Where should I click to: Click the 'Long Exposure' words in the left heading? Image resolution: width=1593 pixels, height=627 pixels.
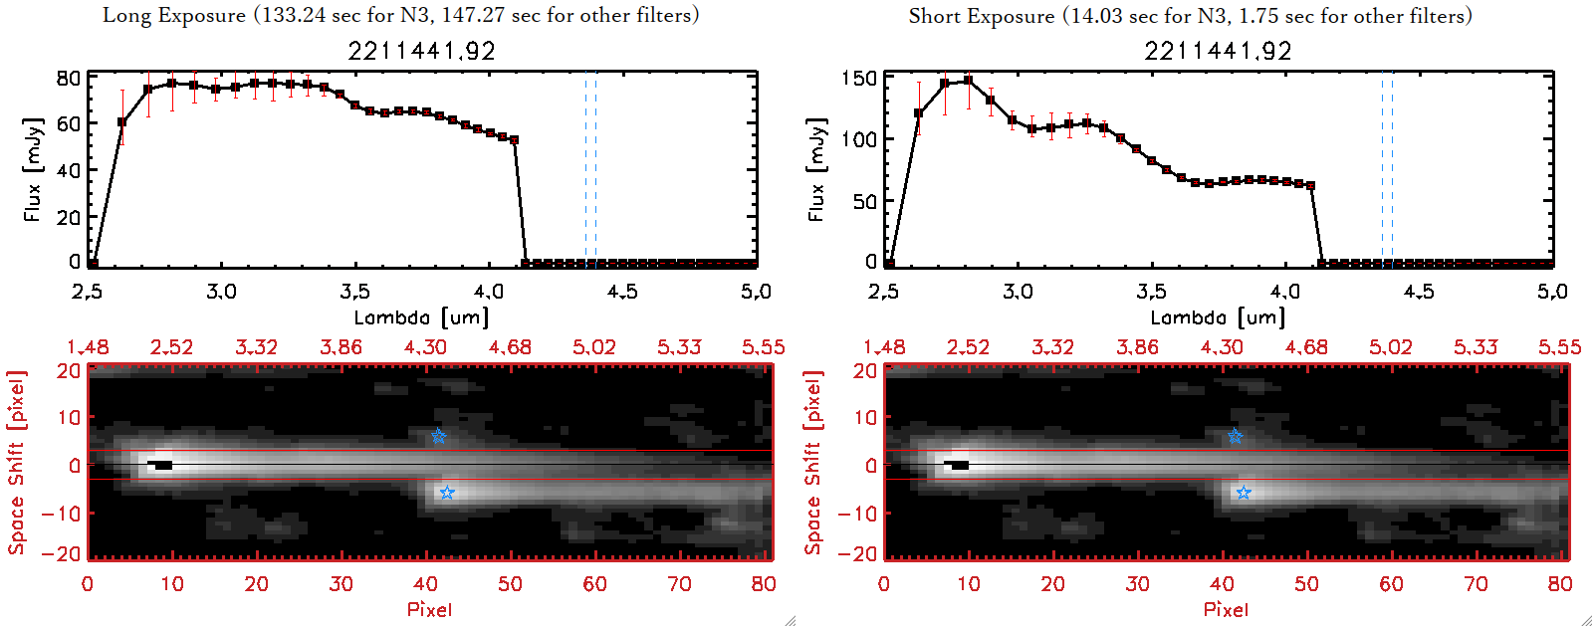(174, 15)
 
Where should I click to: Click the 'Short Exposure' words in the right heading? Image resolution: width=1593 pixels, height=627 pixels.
(981, 16)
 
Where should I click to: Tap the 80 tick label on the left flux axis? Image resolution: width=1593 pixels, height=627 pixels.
(69, 78)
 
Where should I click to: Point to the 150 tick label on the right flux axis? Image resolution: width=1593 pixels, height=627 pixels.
(859, 78)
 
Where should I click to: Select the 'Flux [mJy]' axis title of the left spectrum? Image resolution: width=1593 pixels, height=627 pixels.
(33, 170)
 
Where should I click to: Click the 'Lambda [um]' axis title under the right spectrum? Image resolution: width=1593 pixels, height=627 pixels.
(1218, 317)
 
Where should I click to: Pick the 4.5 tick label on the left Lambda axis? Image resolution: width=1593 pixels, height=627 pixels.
(622, 292)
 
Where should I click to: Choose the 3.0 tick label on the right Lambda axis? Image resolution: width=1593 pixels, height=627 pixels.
(1018, 292)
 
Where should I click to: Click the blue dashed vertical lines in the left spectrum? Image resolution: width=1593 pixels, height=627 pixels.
(590, 169)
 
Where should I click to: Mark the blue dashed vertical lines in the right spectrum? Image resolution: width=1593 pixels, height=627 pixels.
(1387, 169)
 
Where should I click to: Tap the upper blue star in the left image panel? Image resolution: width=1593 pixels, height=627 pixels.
(438, 437)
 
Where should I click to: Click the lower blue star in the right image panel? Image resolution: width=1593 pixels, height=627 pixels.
(1244, 493)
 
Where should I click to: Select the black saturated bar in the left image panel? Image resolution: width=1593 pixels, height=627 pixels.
(161, 465)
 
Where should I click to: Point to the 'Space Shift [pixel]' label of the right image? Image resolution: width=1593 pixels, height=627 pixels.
(813, 463)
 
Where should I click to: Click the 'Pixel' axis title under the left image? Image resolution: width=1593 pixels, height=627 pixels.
(429, 609)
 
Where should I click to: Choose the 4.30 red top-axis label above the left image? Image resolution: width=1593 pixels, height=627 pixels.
(425, 347)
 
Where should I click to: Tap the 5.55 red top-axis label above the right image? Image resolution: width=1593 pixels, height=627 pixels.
(1559, 347)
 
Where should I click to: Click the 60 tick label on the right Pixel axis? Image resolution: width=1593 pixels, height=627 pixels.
(1391, 584)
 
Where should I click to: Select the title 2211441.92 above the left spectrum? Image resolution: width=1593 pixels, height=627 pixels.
(421, 51)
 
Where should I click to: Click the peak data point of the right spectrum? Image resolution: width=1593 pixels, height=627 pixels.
(968, 81)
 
